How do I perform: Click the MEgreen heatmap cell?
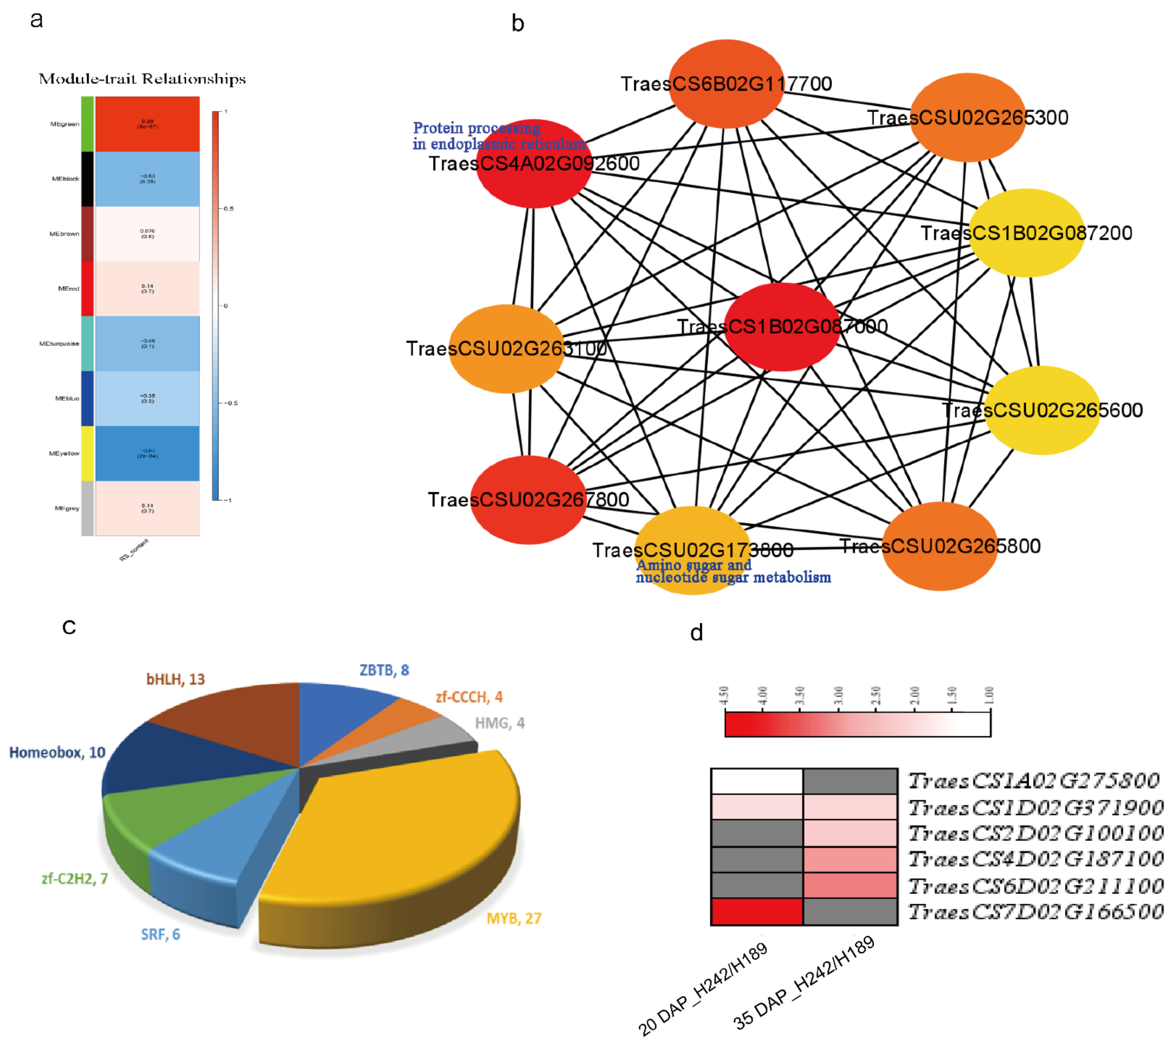(148, 123)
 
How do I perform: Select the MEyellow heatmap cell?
(148, 453)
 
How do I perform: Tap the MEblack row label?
(65, 179)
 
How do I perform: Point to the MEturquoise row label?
(59, 343)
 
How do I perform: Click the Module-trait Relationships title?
(142, 79)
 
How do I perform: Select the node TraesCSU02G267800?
(528, 500)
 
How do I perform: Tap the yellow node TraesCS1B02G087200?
(1027, 233)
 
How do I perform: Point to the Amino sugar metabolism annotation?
(733, 571)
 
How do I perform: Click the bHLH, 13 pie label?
(176, 679)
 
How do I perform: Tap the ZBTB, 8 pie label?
(384, 670)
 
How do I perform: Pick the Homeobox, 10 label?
(57, 752)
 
